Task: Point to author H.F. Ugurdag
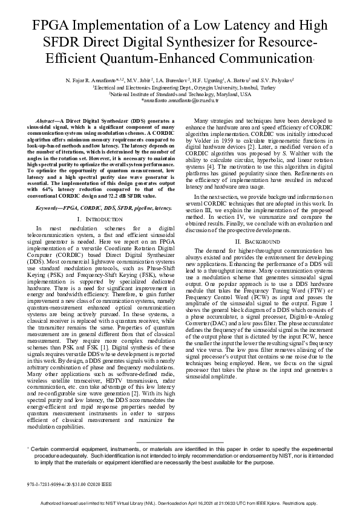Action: coord(224,79)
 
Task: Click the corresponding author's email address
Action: coord(179,102)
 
